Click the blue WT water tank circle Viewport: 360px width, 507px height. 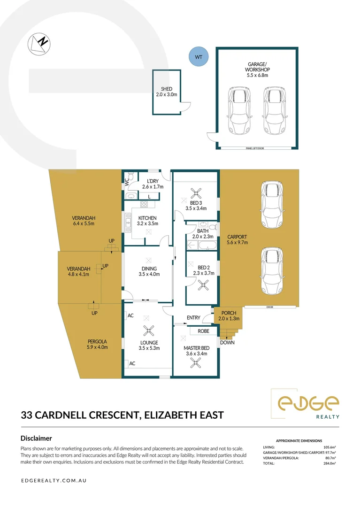pos(198,57)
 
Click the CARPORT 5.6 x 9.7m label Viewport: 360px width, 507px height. pos(237,239)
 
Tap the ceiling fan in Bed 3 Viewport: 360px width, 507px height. pos(195,192)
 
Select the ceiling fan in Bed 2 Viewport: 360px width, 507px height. pos(203,284)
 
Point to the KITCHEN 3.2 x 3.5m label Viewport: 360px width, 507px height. pos(147,221)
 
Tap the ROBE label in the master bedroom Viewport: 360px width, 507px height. pos(203,330)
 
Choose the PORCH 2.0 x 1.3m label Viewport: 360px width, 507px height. pos(229,315)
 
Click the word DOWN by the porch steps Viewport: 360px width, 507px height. pos(227,342)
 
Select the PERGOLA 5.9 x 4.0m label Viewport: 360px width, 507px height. pos(98,344)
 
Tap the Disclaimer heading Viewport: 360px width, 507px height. pos(36,438)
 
